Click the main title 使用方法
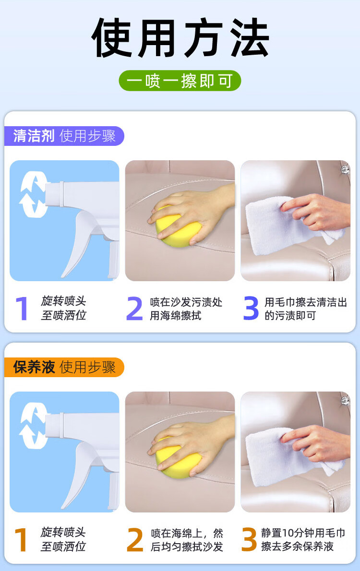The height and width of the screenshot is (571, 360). (x=180, y=37)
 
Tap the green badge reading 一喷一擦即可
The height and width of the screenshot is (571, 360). (x=180, y=81)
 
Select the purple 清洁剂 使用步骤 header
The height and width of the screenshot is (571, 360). (x=64, y=136)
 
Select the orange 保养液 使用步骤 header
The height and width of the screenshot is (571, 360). (x=64, y=367)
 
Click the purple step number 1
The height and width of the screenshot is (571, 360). (x=23, y=309)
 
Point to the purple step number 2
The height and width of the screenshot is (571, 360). (x=134, y=309)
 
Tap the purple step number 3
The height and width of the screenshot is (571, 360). (x=251, y=309)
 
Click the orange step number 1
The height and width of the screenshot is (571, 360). (x=21, y=540)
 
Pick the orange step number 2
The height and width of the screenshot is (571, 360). (x=134, y=540)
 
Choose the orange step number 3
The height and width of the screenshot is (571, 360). (x=249, y=539)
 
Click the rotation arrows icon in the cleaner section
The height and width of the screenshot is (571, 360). (x=33, y=194)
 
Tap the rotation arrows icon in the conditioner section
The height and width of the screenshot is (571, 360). (x=33, y=426)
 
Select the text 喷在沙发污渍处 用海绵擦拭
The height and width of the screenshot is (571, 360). (x=186, y=309)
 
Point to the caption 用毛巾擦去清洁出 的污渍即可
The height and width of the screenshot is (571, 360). (x=306, y=309)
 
